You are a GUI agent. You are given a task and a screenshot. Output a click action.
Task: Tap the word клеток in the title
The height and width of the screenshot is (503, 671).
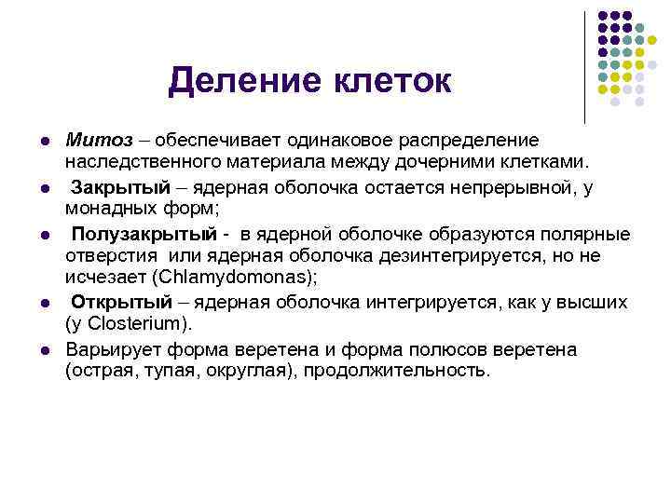390,81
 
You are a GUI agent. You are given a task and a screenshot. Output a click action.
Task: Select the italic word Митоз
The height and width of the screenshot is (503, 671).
91,140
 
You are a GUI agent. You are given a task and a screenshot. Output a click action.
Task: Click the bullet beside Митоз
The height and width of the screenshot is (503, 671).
44,141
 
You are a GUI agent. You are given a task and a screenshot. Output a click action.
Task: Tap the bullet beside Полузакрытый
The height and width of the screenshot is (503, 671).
44,234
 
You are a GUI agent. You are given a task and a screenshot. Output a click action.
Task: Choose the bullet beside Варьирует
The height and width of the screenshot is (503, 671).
44,349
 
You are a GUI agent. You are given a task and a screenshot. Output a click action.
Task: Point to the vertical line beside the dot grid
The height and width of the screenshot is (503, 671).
584,65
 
